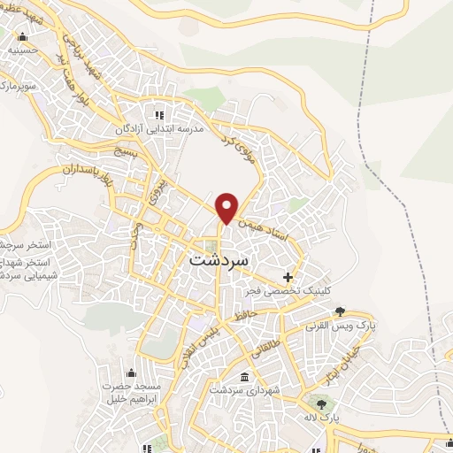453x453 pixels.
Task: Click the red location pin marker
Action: (228, 207)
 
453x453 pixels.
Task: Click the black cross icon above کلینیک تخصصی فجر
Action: (288, 277)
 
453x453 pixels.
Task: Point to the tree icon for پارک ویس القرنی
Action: (340, 311)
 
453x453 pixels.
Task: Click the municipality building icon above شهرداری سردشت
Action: (244, 377)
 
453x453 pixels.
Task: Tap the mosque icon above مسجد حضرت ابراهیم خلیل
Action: (132, 372)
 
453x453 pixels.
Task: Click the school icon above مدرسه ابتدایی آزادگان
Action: (159, 114)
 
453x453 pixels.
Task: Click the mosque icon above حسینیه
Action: (22, 37)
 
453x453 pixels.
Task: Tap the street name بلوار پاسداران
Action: (85, 166)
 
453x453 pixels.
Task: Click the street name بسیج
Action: (125, 154)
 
